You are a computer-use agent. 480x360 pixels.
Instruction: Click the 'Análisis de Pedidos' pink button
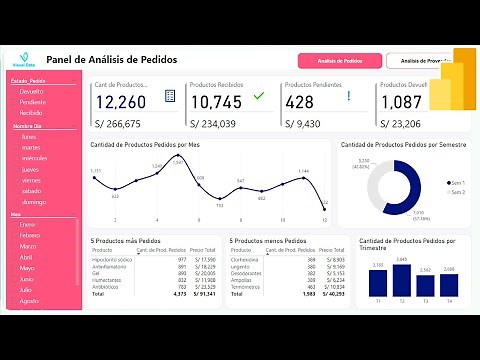340,61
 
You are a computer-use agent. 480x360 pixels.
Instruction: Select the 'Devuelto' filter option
32,91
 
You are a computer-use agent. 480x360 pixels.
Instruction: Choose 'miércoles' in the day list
35,158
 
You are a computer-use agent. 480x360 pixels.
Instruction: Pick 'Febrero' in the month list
30,236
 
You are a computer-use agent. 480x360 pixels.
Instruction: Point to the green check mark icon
259,96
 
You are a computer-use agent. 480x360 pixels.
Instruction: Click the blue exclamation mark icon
348,97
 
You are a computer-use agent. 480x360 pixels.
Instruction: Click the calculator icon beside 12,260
170,96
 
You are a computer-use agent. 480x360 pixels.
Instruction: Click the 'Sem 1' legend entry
458,183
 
